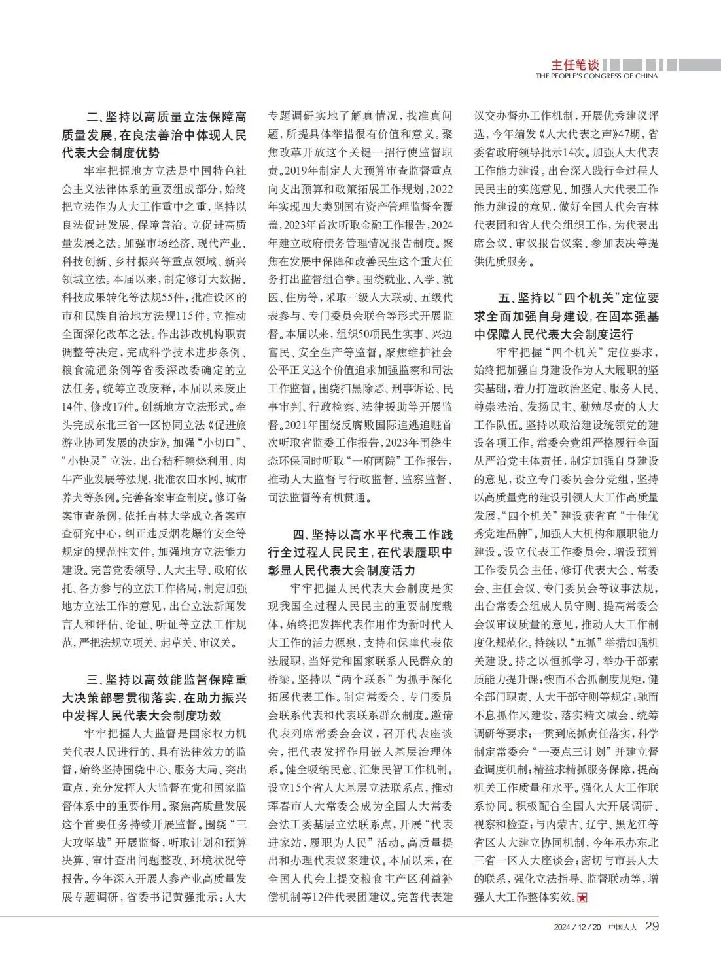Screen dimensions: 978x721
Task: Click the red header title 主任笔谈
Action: point(574,65)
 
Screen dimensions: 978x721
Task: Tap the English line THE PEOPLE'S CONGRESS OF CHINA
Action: point(596,76)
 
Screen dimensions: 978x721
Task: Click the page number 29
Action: point(652,926)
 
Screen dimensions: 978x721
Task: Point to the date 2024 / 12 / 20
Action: point(577,926)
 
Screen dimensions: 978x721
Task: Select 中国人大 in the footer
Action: point(622,926)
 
